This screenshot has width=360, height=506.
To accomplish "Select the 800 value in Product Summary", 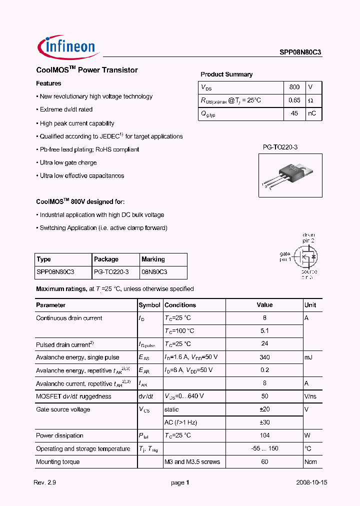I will (294, 87).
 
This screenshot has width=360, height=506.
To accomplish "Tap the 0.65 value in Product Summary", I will (294, 100).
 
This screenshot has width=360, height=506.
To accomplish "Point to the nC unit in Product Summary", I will (311, 113).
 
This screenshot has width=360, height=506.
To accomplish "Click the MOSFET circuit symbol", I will (304, 257).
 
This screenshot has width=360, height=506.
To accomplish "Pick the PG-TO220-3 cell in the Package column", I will (111, 272).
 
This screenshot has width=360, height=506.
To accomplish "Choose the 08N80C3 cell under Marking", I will (154, 272).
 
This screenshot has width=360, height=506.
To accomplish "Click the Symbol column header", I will (149, 305).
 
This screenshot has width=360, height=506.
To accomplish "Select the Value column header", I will (264, 305).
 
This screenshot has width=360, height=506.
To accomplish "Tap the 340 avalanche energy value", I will (264, 357).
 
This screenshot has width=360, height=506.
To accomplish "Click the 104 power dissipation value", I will (264, 435).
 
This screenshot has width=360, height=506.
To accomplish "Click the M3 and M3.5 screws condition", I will (192, 462).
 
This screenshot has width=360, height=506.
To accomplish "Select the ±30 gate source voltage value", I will (264, 422).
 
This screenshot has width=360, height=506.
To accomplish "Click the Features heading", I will (48, 83).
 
